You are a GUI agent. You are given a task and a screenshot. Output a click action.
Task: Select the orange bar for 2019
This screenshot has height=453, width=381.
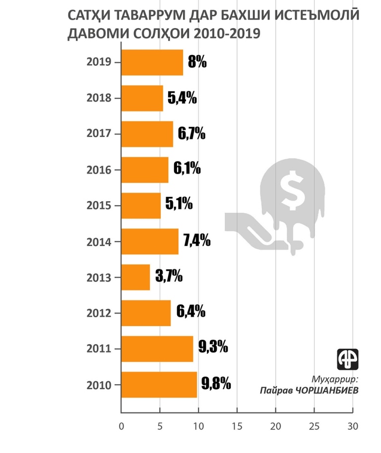pyautogui.click(x=152, y=62)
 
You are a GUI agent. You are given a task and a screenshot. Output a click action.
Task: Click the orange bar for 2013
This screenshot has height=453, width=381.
pyautogui.click(x=135, y=277)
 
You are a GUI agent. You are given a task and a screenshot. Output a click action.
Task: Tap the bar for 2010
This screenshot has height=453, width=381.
pyautogui.click(x=159, y=385)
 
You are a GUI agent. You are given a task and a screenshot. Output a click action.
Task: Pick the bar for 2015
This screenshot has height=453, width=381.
pyautogui.click(x=141, y=206)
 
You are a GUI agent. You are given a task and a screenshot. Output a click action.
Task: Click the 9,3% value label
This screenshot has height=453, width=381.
pyautogui.click(x=213, y=347)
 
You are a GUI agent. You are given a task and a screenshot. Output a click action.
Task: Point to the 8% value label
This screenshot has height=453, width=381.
pyautogui.click(x=197, y=62)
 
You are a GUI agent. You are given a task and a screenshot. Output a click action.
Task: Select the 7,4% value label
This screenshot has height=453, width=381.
pyautogui.click(x=196, y=241)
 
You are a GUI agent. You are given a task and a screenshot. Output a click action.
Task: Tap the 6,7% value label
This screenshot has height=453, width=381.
pyautogui.click(x=191, y=133)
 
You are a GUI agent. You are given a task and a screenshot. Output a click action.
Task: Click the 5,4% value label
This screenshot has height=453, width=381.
pyautogui.click(x=182, y=98)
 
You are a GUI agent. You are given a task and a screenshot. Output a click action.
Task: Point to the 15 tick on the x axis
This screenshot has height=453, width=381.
pyautogui.click(x=237, y=426)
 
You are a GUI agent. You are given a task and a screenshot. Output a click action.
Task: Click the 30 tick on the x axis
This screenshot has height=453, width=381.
pyautogui.click(x=352, y=426)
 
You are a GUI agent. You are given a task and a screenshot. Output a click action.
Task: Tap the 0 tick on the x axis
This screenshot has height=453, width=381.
pyautogui.click(x=121, y=426)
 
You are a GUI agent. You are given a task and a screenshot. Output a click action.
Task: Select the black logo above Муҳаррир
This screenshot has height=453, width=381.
pyautogui.click(x=347, y=358)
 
